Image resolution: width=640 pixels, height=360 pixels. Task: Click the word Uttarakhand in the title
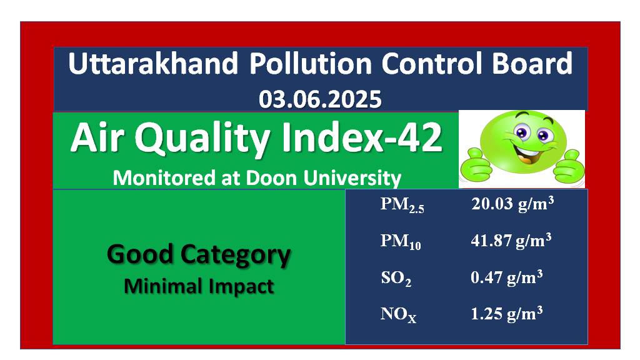click(x=153, y=64)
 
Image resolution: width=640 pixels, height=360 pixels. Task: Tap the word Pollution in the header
click(x=311, y=64)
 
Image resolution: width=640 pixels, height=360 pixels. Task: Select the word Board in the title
click(x=532, y=64)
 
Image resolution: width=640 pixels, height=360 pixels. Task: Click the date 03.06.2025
click(x=320, y=99)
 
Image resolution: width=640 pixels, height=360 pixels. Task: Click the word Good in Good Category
click(x=141, y=254)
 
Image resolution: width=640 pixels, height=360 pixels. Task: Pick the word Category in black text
click(x=236, y=256)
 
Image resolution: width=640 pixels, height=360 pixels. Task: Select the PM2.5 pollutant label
click(x=402, y=204)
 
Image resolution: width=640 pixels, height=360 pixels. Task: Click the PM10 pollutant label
click(x=401, y=241)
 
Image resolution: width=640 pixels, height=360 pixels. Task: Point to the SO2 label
click(x=396, y=278)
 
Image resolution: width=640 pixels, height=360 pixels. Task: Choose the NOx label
click(x=398, y=315)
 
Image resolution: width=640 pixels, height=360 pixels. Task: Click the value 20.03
click(x=492, y=203)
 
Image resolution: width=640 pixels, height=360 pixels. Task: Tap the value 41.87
click(x=491, y=240)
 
